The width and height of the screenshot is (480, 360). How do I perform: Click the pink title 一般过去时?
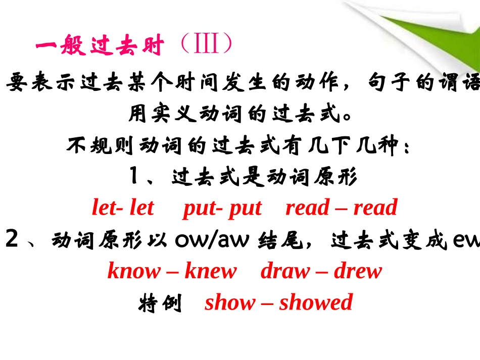tap(100, 47)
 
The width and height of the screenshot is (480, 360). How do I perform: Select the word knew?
tap(210, 271)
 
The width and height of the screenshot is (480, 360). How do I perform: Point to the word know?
tap(133, 271)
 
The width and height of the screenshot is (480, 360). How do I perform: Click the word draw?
tap(284, 271)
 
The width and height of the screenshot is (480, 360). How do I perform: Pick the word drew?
tap(358, 271)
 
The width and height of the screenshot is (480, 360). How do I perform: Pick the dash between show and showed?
tap(267, 303)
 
